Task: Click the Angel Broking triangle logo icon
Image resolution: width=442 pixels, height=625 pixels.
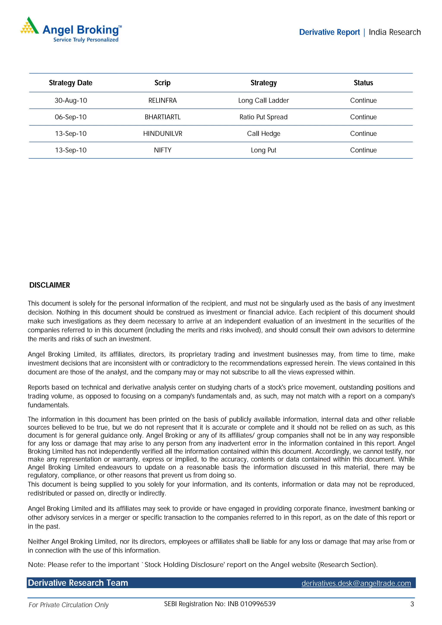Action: [x=29, y=26]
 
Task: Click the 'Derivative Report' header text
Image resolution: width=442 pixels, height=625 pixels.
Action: [x=329, y=32]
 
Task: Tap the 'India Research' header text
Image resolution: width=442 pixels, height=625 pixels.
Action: [x=394, y=32]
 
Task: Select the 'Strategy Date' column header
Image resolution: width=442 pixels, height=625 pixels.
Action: [x=71, y=83]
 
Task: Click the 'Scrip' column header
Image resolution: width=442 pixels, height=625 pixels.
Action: [x=162, y=83]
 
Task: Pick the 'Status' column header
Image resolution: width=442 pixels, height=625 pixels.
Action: [x=363, y=83]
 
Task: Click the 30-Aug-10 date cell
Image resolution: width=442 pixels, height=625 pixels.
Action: [x=71, y=101]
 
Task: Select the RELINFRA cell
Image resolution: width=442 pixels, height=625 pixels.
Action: [x=162, y=101]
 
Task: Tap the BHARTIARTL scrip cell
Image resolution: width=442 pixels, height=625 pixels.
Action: [x=162, y=117]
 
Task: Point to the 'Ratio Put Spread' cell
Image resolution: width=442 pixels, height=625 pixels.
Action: [x=263, y=117]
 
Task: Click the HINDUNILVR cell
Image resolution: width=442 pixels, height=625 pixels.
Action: [x=163, y=134]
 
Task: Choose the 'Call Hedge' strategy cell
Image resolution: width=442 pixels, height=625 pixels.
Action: [x=263, y=134]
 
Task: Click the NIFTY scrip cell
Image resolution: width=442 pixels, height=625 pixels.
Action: [x=163, y=150]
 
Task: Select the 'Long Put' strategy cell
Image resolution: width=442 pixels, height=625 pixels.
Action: [x=263, y=150]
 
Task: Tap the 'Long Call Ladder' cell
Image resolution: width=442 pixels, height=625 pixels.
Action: [x=263, y=101]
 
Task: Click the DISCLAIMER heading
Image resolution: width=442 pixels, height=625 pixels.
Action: [x=50, y=285]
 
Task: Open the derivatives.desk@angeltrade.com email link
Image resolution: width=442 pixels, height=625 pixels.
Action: [x=356, y=583]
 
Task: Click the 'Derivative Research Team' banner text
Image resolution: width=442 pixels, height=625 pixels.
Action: [x=78, y=583]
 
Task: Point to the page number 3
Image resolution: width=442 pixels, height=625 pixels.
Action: [x=412, y=604]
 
